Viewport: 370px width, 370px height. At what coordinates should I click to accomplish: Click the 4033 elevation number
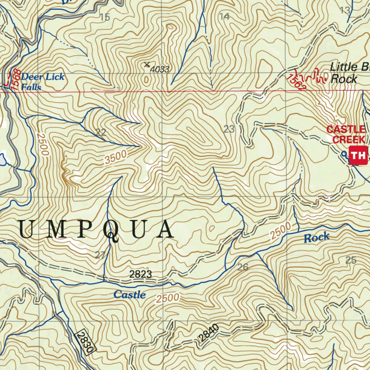(160, 69)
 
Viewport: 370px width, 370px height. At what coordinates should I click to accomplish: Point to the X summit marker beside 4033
(147, 65)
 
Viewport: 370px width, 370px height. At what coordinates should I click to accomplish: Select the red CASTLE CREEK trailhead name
(346, 134)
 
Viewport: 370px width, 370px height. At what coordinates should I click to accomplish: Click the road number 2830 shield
(86, 341)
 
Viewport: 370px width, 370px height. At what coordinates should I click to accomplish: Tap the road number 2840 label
(209, 333)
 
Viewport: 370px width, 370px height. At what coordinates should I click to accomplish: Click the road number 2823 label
(141, 274)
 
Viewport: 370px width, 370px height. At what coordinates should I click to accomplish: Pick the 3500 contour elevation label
(116, 158)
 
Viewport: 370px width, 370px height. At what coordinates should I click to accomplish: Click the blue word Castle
(130, 295)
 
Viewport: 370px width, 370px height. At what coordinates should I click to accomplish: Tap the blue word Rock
(317, 237)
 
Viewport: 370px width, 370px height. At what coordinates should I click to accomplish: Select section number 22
(101, 133)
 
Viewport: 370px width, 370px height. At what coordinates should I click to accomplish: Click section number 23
(229, 129)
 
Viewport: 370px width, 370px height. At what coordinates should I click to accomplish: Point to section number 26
(243, 267)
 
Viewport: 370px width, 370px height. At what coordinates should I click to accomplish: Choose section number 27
(100, 255)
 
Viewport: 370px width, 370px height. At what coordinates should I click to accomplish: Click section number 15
(105, 17)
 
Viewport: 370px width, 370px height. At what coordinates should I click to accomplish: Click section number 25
(351, 260)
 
